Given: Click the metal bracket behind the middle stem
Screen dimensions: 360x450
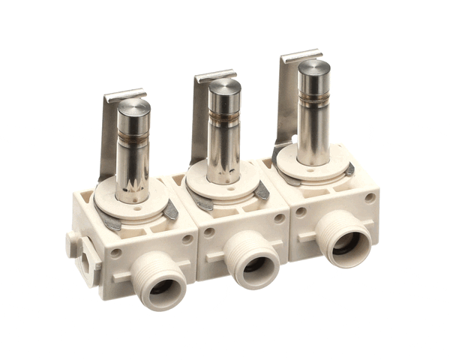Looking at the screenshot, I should click(x=200, y=120).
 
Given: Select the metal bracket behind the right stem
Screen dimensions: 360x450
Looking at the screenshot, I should click(x=287, y=97).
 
